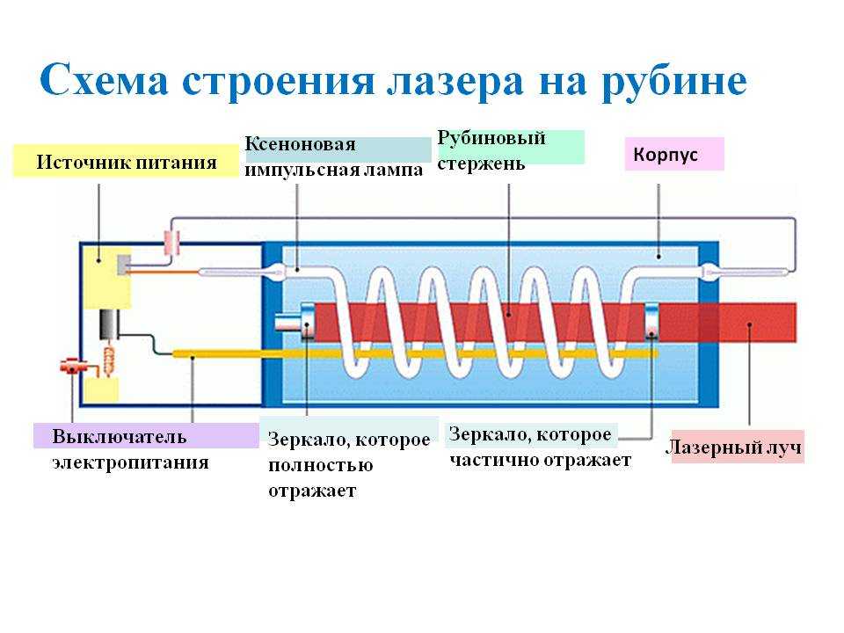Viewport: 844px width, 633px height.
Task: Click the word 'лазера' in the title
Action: pyautogui.click(x=455, y=82)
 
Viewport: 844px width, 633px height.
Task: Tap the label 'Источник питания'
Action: pyautogui.click(x=127, y=162)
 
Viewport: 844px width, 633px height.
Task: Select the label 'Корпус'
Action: pyautogui.click(x=666, y=155)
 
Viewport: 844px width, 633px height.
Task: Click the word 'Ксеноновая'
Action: pyautogui.click(x=301, y=144)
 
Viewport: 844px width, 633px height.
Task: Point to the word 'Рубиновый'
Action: pyautogui.click(x=491, y=138)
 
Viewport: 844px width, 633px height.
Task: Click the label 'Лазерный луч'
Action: pyautogui.click(x=733, y=447)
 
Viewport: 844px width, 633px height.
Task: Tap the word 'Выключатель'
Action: pyautogui.click(x=120, y=436)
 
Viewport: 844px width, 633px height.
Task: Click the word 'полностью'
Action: pyautogui.click(x=321, y=465)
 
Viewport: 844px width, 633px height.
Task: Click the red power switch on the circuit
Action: pyautogui.click(x=71, y=366)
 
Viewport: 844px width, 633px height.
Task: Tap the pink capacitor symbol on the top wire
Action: pyautogui.click(x=171, y=242)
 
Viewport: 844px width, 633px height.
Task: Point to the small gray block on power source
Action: pyautogui.click(x=123, y=265)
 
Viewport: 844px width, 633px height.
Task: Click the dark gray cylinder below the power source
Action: pyautogui.click(x=109, y=324)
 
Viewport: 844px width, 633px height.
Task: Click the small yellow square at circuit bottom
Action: pyautogui.click(x=102, y=390)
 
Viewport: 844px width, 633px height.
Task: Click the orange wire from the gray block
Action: pyautogui.click(x=165, y=273)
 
